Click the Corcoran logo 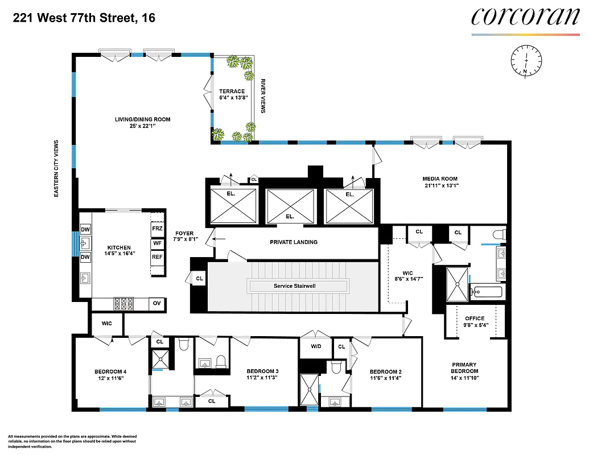[525, 16]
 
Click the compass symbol [526, 60]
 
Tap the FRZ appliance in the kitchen [158, 228]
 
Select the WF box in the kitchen [158, 243]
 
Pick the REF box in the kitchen [158, 257]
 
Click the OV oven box [157, 304]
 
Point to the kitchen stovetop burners [123, 304]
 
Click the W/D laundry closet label [316, 346]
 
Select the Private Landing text [293, 242]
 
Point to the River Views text [263, 96]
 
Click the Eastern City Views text [56, 169]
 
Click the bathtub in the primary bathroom [487, 292]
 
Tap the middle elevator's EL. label [290, 216]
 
